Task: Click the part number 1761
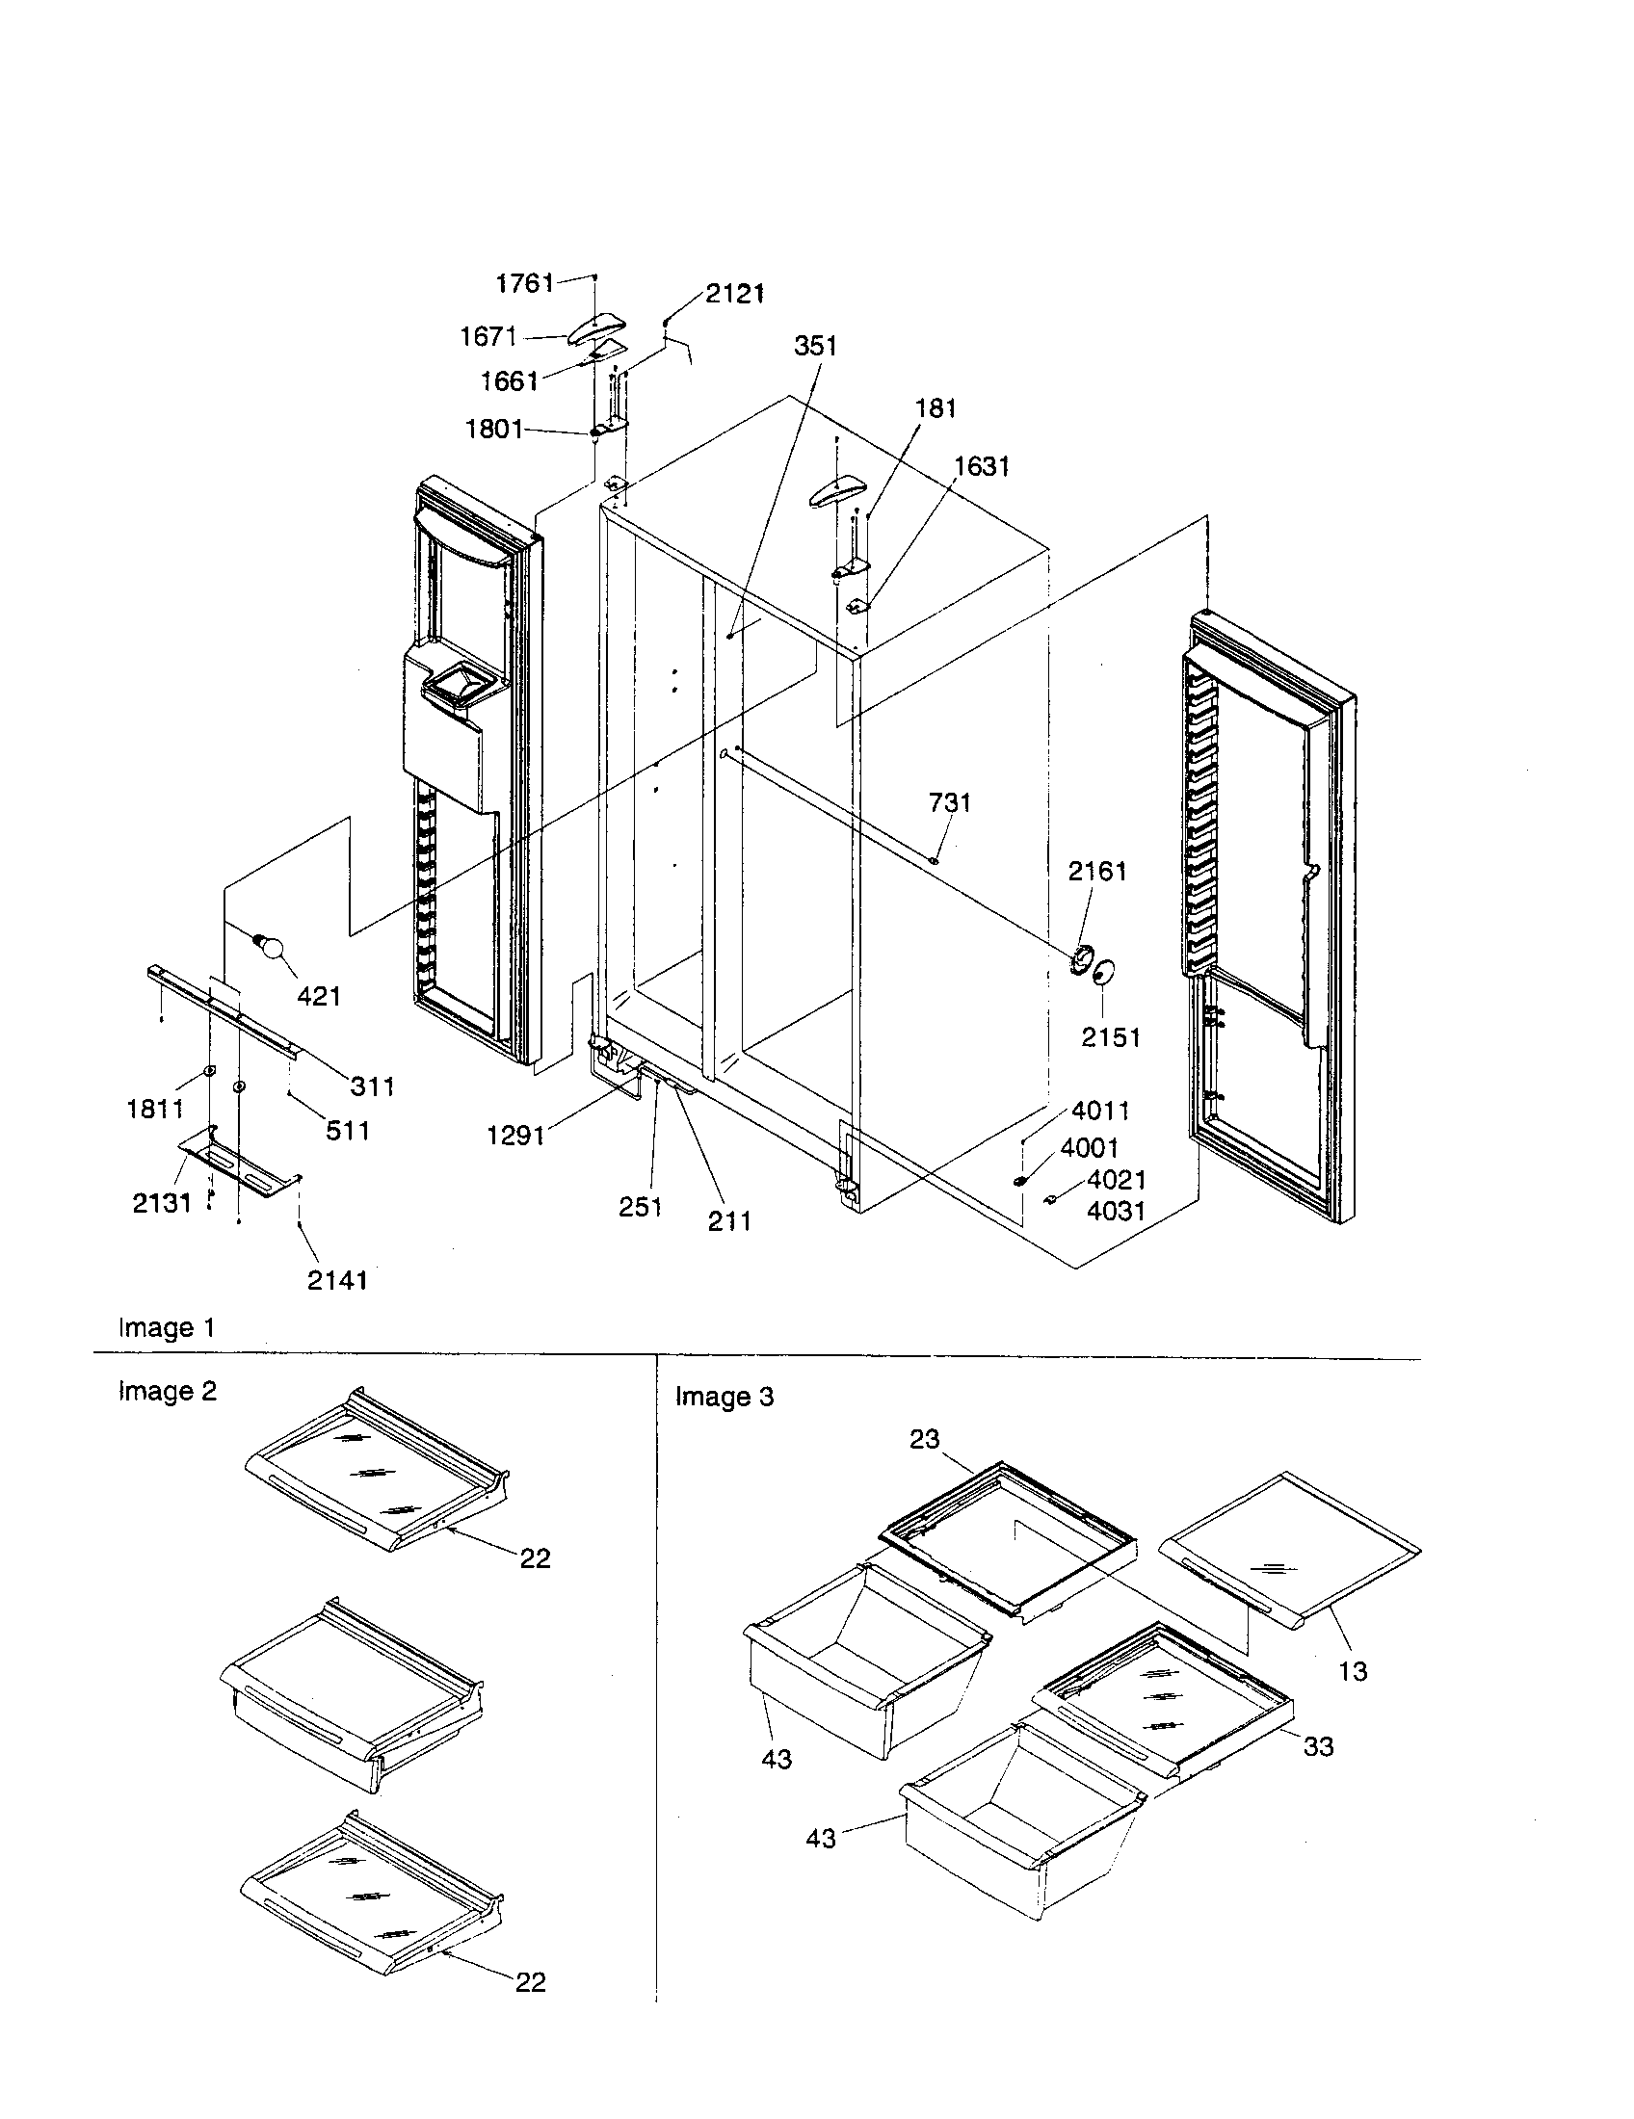click(x=524, y=283)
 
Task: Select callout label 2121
click(x=734, y=294)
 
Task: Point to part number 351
click(x=815, y=346)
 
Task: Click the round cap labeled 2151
click(x=1104, y=973)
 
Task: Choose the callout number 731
click(x=949, y=802)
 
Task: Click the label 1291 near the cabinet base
click(x=515, y=1135)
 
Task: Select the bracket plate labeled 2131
click(x=239, y=1160)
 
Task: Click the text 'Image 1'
click(x=166, y=1327)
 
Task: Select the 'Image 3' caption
click(x=724, y=1397)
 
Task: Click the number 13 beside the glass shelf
click(x=1352, y=1671)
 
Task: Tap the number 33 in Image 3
click(x=1318, y=1746)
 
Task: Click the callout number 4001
click(x=1090, y=1148)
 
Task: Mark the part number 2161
click(x=1097, y=872)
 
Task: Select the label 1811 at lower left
click(x=155, y=1108)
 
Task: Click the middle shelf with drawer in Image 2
click(x=350, y=1688)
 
